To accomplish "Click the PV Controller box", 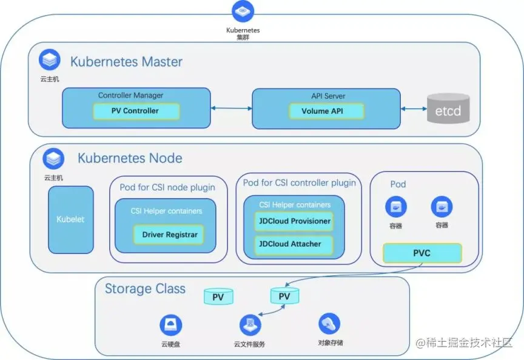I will tap(135, 111).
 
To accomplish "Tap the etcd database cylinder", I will tap(448, 109).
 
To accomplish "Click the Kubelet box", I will tap(71, 219).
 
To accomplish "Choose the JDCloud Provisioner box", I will tap(294, 221).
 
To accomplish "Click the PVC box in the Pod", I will tap(422, 253).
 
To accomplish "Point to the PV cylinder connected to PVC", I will tap(284, 296).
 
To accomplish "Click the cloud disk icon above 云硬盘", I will tap(170, 325).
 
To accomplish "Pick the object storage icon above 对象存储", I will tap(329, 324).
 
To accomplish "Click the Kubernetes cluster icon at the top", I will tap(243, 11).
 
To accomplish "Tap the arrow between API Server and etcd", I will tap(414, 109).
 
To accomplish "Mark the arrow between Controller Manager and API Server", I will tap(231, 109).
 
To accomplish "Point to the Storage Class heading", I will tap(145, 288).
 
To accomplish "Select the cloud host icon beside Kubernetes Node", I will tap(53, 159).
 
